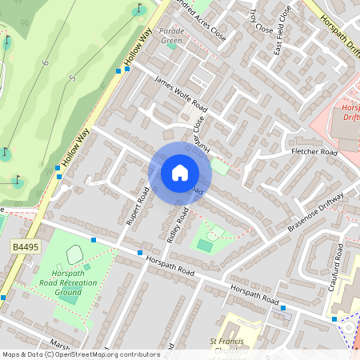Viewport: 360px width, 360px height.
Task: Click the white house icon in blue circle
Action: click(180, 172)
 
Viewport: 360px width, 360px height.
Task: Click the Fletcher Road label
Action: click(315, 151)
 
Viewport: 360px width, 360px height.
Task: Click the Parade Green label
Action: click(172, 36)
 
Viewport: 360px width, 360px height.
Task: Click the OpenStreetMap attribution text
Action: click(81, 354)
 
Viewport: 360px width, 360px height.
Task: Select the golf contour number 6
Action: click(46, 62)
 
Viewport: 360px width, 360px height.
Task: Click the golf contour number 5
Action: click(72, 78)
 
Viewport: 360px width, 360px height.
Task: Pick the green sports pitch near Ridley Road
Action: click(205, 246)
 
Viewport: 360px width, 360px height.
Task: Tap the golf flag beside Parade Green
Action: click(138, 9)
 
